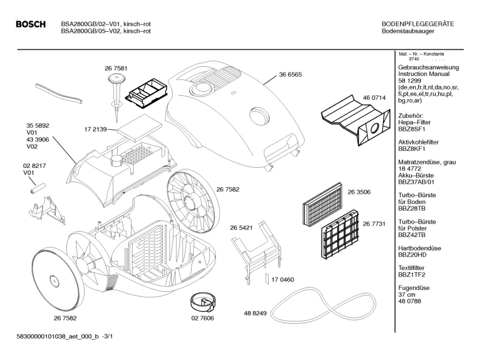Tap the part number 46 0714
(374, 98)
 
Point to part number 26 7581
(116, 68)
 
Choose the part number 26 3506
(359, 192)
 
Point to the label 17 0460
(283, 279)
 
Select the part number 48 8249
(256, 313)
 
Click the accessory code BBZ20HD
(413, 255)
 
